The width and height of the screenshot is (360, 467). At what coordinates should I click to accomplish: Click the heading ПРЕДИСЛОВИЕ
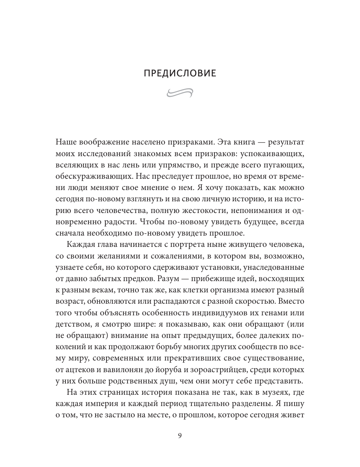pos(180,73)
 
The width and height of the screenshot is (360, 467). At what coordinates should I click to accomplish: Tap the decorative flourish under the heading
pos(180,92)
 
